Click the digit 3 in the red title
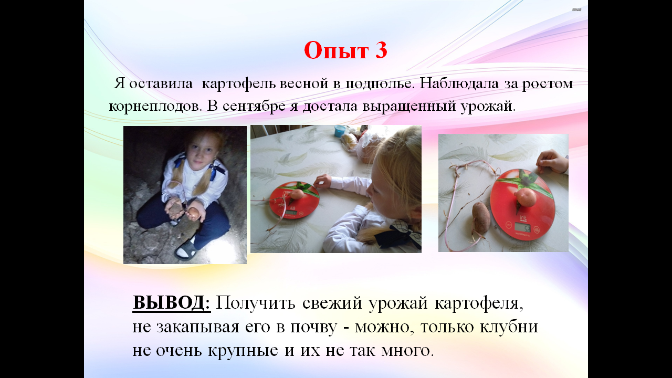click(381, 50)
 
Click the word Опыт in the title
click(336, 50)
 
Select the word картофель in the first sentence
click(238, 83)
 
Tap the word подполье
click(380, 83)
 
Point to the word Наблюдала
click(459, 83)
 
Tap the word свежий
click(332, 303)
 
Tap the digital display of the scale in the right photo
click(523, 228)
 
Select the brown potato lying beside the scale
click(481, 217)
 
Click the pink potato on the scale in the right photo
click(526, 197)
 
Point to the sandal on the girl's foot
click(186, 249)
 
